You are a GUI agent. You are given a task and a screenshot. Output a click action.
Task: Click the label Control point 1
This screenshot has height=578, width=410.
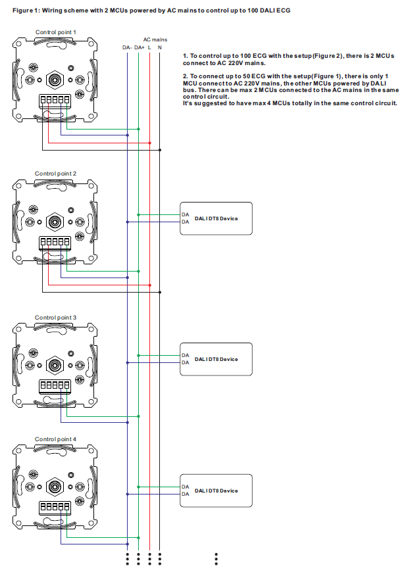(x=56, y=32)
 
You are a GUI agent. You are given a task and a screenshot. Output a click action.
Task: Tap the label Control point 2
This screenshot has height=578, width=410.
(x=56, y=173)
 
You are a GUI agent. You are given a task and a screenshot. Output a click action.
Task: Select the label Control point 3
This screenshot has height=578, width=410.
(x=56, y=317)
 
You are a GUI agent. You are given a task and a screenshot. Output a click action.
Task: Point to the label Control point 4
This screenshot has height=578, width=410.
(x=56, y=439)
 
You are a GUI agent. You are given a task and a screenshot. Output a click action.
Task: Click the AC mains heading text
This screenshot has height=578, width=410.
(x=155, y=39)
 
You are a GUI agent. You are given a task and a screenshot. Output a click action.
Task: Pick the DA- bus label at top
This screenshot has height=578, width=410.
(x=127, y=47)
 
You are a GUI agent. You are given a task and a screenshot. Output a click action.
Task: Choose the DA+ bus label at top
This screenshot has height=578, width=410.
(x=139, y=47)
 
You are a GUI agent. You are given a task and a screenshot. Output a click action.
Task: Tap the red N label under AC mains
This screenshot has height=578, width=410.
(x=160, y=47)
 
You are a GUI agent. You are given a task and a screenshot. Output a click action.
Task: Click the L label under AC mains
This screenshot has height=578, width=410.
(x=150, y=47)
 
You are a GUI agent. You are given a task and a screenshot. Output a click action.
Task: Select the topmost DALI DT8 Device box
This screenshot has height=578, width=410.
(x=216, y=218)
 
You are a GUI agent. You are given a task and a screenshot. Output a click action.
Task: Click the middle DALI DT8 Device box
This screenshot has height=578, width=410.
(x=216, y=359)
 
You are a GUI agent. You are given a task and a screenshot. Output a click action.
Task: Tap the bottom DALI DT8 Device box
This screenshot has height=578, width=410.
(x=216, y=491)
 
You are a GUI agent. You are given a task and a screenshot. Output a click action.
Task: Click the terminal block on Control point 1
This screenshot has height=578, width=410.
(x=55, y=101)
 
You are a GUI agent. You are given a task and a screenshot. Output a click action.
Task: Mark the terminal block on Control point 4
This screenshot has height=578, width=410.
(x=55, y=507)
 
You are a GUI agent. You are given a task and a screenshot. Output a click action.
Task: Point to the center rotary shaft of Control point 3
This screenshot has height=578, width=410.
(x=56, y=364)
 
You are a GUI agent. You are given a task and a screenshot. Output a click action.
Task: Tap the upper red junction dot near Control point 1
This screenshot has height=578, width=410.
(x=150, y=143)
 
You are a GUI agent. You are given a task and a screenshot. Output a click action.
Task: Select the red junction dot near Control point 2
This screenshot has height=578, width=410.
(x=150, y=285)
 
